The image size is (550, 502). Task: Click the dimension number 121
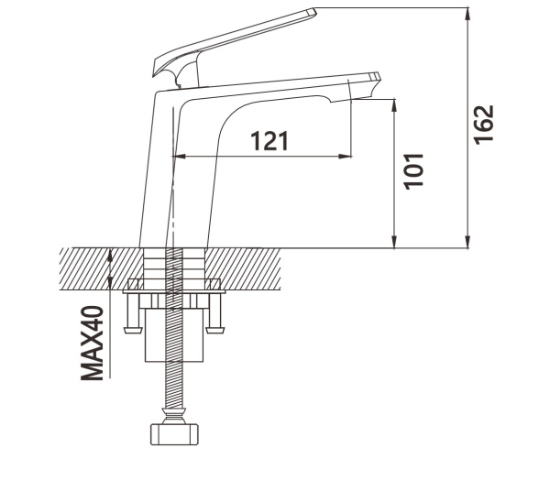tap(269, 140)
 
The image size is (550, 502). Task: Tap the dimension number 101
tap(414, 171)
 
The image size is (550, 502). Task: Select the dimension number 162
tap(484, 125)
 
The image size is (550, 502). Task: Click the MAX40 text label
tap(93, 344)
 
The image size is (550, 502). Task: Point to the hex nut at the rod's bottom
tap(174, 434)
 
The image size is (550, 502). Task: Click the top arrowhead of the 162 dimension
tap(467, 14)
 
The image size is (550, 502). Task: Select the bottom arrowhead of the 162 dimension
tap(467, 242)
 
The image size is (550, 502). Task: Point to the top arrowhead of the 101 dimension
tap(394, 106)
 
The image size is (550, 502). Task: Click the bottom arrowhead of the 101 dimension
tap(394, 242)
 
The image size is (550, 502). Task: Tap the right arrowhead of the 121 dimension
tap(345, 157)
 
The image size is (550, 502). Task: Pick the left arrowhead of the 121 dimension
tap(180, 157)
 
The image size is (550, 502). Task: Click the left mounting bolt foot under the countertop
tap(133, 330)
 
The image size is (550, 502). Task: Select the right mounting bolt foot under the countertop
tap(214, 330)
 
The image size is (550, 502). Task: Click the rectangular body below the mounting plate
tap(174, 335)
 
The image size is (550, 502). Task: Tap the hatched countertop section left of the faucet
tap(102, 269)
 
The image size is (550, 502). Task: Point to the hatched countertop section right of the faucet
tap(243, 269)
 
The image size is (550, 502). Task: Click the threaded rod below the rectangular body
tap(174, 385)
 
